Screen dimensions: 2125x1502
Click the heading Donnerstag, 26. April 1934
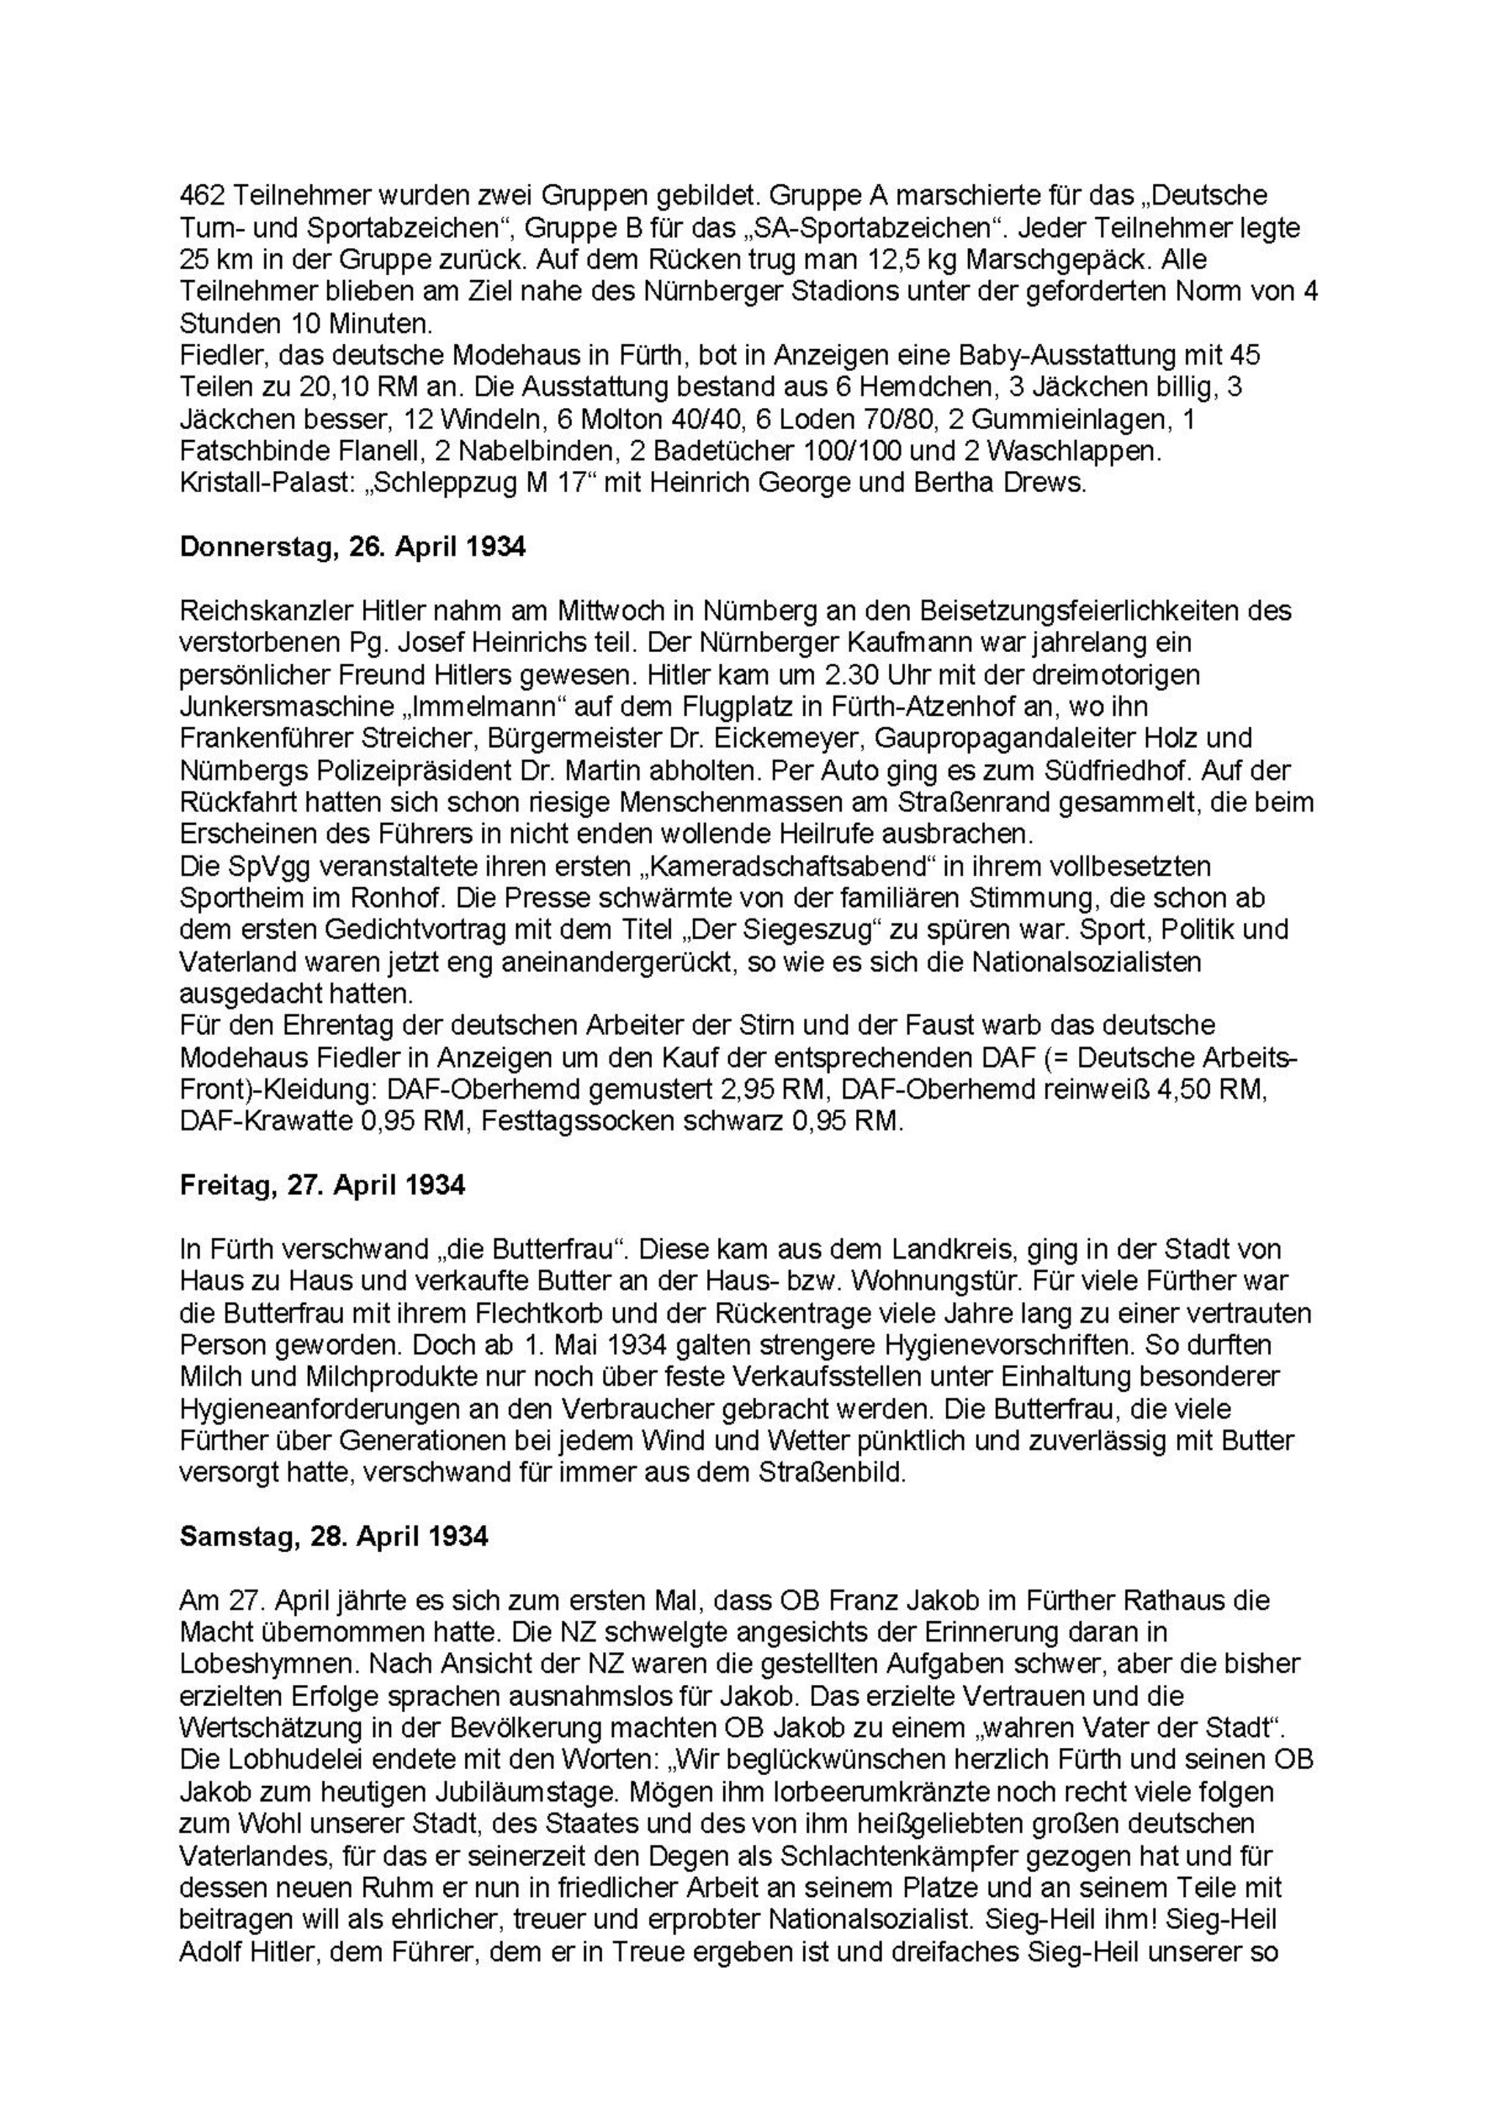click(x=353, y=547)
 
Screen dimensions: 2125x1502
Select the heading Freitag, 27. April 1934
click(x=322, y=1185)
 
